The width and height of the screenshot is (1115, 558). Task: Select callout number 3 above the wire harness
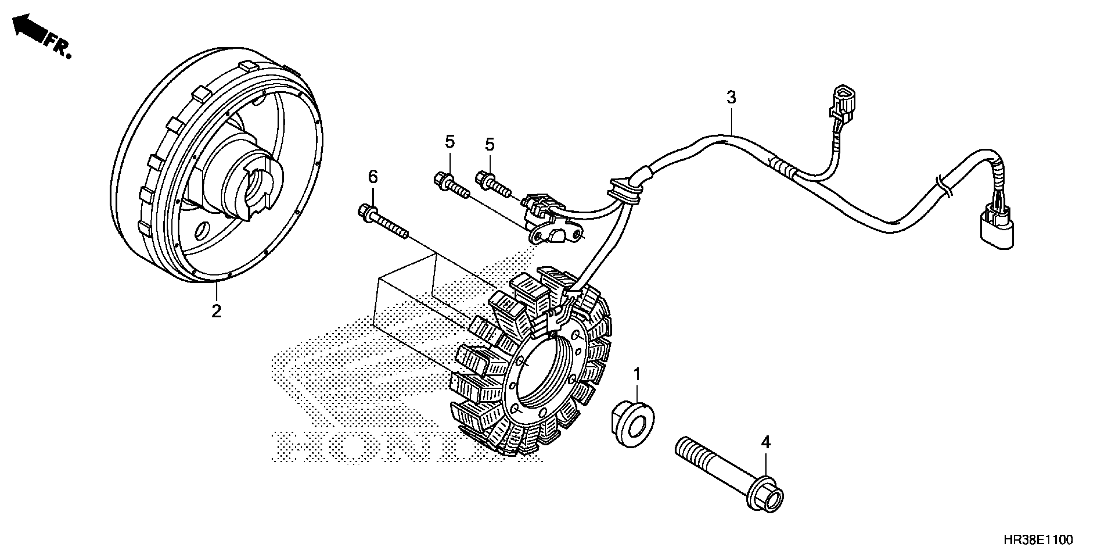[731, 97]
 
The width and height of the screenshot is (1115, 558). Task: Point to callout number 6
[373, 177]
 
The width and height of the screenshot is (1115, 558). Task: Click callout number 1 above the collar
[637, 374]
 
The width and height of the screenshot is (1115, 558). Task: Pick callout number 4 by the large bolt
[766, 442]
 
